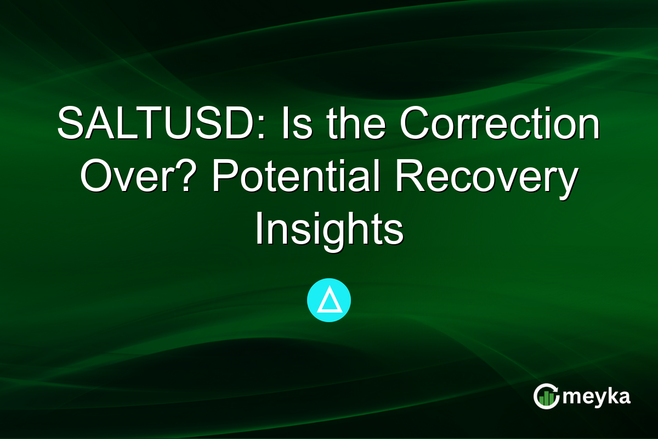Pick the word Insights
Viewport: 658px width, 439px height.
[329, 231]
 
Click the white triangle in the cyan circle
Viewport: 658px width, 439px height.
[329, 300]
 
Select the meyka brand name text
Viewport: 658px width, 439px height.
[597, 397]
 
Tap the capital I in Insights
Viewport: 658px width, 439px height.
[259, 231]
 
